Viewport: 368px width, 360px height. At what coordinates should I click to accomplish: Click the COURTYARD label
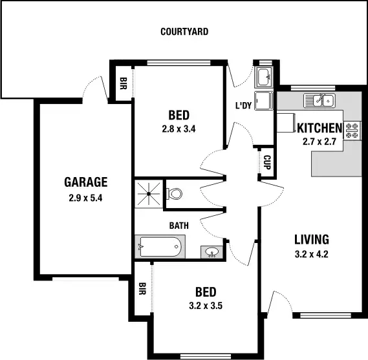click(x=184, y=31)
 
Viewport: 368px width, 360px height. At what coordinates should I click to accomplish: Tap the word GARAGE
click(x=85, y=182)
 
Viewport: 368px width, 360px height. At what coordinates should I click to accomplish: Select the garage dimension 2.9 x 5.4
click(x=85, y=198)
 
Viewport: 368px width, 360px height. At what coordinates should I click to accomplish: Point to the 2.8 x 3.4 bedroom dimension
click(x=179, y=129)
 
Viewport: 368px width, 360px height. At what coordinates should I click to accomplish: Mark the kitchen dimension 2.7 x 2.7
click(x=319, y=142)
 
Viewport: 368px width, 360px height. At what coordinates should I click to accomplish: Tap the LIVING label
click(x=311, y=238)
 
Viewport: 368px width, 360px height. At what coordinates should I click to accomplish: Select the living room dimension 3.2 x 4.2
click(x=311, y=254)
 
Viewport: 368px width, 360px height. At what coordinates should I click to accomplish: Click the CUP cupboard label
click(x=266, y=162)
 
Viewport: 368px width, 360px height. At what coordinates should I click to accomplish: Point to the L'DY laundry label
click(x=243, y=105)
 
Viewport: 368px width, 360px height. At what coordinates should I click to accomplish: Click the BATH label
click(x=179, y=226)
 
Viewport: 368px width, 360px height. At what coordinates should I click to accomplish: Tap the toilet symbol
click(x=175, y=193)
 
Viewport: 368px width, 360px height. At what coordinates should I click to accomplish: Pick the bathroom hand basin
click(x=211, y=252)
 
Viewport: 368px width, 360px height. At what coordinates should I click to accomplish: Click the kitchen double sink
click(x=319, y=100)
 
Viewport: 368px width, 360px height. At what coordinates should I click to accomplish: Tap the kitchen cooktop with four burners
click(x=352, y=130)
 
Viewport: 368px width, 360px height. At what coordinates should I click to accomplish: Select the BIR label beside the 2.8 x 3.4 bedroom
click(x=123, y=83)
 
